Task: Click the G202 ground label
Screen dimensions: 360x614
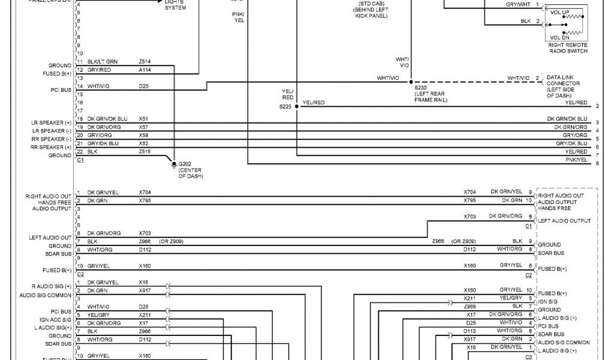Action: tap(184, 163)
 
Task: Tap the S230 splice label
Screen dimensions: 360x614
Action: tap(420, 87)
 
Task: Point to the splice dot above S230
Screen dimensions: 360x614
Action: tap(411, 81)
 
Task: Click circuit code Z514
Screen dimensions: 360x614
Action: tap(145, 61)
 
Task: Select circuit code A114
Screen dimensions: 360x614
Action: tap(145, 70)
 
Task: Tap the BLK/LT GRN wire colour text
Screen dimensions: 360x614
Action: tap(103, 61)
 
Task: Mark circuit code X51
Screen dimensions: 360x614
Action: tap(143, 119)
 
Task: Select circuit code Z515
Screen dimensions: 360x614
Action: tap(145, 152)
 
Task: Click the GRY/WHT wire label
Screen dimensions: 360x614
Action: tap(517, 4)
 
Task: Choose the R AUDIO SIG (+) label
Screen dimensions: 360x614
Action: tap(51, 286)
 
